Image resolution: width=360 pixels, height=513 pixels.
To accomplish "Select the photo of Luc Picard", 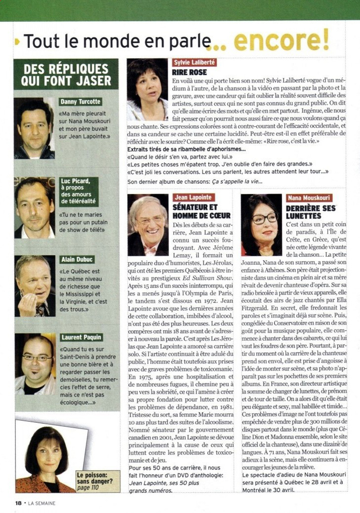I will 35,208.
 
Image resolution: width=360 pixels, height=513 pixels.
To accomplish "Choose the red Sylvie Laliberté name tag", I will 194,62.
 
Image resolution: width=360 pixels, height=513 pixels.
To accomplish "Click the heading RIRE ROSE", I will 190,72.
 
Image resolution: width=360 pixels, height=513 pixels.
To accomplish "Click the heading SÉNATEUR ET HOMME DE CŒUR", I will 202,211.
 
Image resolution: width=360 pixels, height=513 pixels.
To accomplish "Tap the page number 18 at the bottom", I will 19,502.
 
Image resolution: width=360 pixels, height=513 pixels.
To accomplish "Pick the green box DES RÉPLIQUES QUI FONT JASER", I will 66,74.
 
